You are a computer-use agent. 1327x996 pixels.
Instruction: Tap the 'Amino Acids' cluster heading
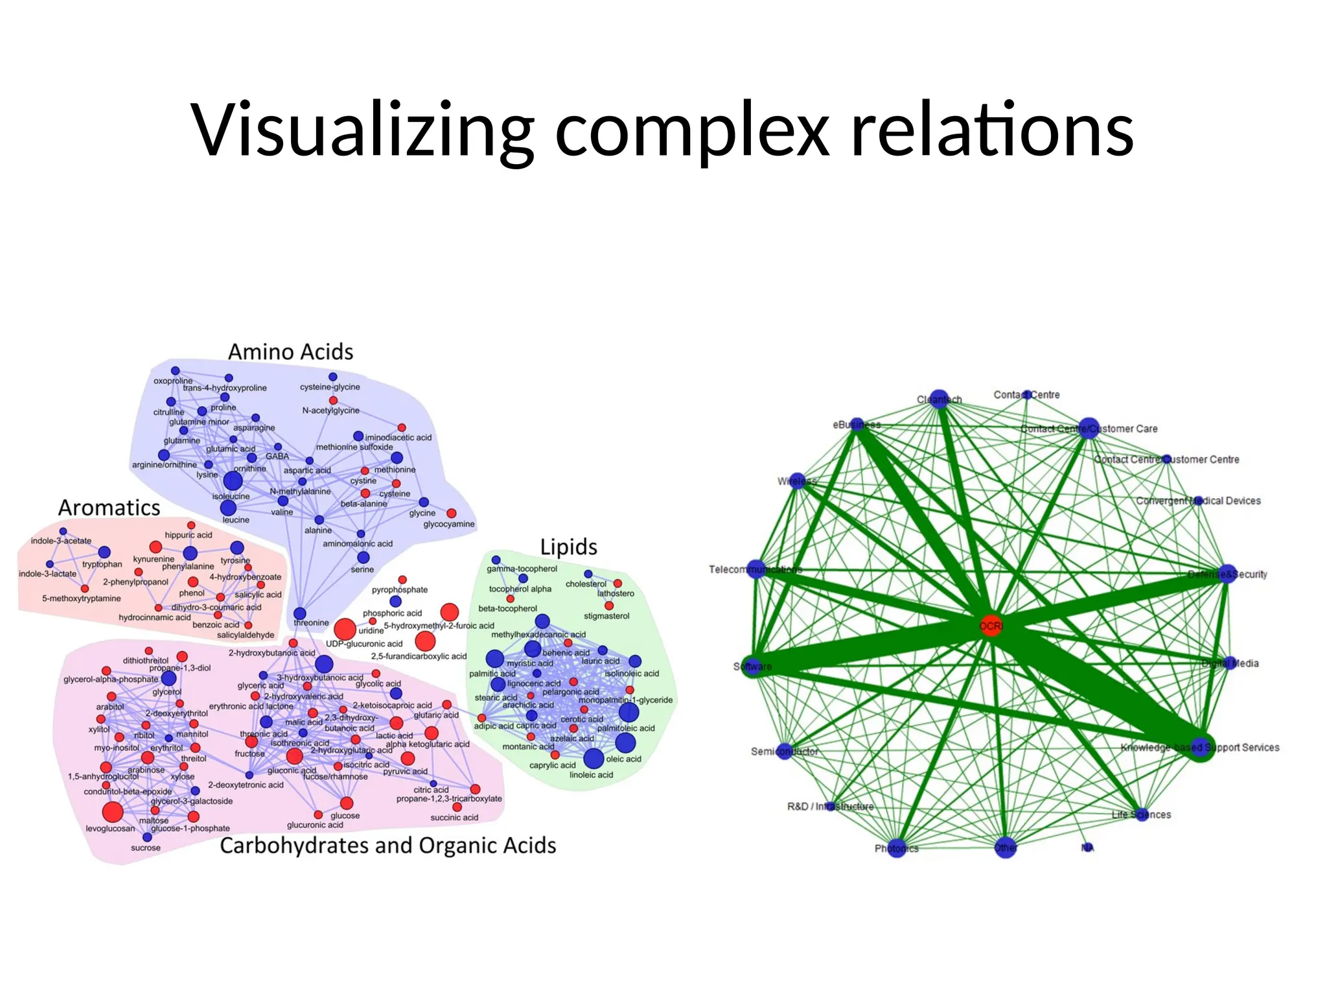pyautogui.click(x=290, y=352)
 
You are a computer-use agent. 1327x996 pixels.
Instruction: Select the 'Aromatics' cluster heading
pyautogui.click(x=109, y=508)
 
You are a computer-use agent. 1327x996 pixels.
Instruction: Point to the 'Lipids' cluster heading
pyautogui.click(x=568, y=547)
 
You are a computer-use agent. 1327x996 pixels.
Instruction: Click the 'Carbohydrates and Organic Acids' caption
pyautogui.click(x=387, y=846)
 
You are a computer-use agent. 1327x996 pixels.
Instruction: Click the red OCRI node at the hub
pyautogui.click(x=990, y=626)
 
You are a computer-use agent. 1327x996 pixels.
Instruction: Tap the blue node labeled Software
pyautogui.click(x=753, y=666)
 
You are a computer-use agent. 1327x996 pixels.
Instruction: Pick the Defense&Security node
pyautogui.click(x=1227, y=574)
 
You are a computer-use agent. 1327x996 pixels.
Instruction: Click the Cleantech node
pyautogui.click(x=939, y=399)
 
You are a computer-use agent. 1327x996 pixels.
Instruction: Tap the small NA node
pyautogui.click(x=1087, y=848)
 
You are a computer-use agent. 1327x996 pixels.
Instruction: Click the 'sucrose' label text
pyautogui.click(x=145, y=848)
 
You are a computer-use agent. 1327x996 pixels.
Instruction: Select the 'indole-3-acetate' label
pyautogui.click(x=61, y=541)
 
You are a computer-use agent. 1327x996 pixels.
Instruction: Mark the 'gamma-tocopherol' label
pyautogui.click(x=522, y=569)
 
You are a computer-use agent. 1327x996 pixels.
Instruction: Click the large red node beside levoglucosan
pyautogui.click(x=112, y=812)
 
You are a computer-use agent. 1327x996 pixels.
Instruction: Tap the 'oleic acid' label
pyautogui.click(x=623, y=759)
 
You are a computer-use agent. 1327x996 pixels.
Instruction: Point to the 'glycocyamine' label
pyautogui.click(x=448, y=524)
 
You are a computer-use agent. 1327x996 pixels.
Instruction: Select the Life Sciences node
pyautogui.click(x=1142, y=814)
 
